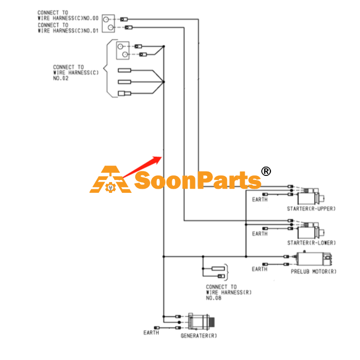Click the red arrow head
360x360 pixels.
pos(158,159)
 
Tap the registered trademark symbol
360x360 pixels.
pos(266,171)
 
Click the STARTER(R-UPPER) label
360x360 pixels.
pos(311,209)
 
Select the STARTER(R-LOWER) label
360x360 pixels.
pos(311,243)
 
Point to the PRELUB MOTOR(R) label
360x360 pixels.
pos(313,272)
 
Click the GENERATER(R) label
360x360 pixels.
pos(199,336)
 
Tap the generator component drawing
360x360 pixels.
pos(201,322)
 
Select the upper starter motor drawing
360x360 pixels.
pos(311,196)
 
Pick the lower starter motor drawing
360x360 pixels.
pos(311,230)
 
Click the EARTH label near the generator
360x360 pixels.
pos(151,333)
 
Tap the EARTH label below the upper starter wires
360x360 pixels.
pos(260,200)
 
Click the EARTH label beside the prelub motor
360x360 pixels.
pos(259,269)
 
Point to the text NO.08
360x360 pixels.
pos(213,298)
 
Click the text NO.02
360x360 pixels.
pos(61,78)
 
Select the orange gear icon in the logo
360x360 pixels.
pos(111,188)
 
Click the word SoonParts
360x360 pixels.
pos(197,181)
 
